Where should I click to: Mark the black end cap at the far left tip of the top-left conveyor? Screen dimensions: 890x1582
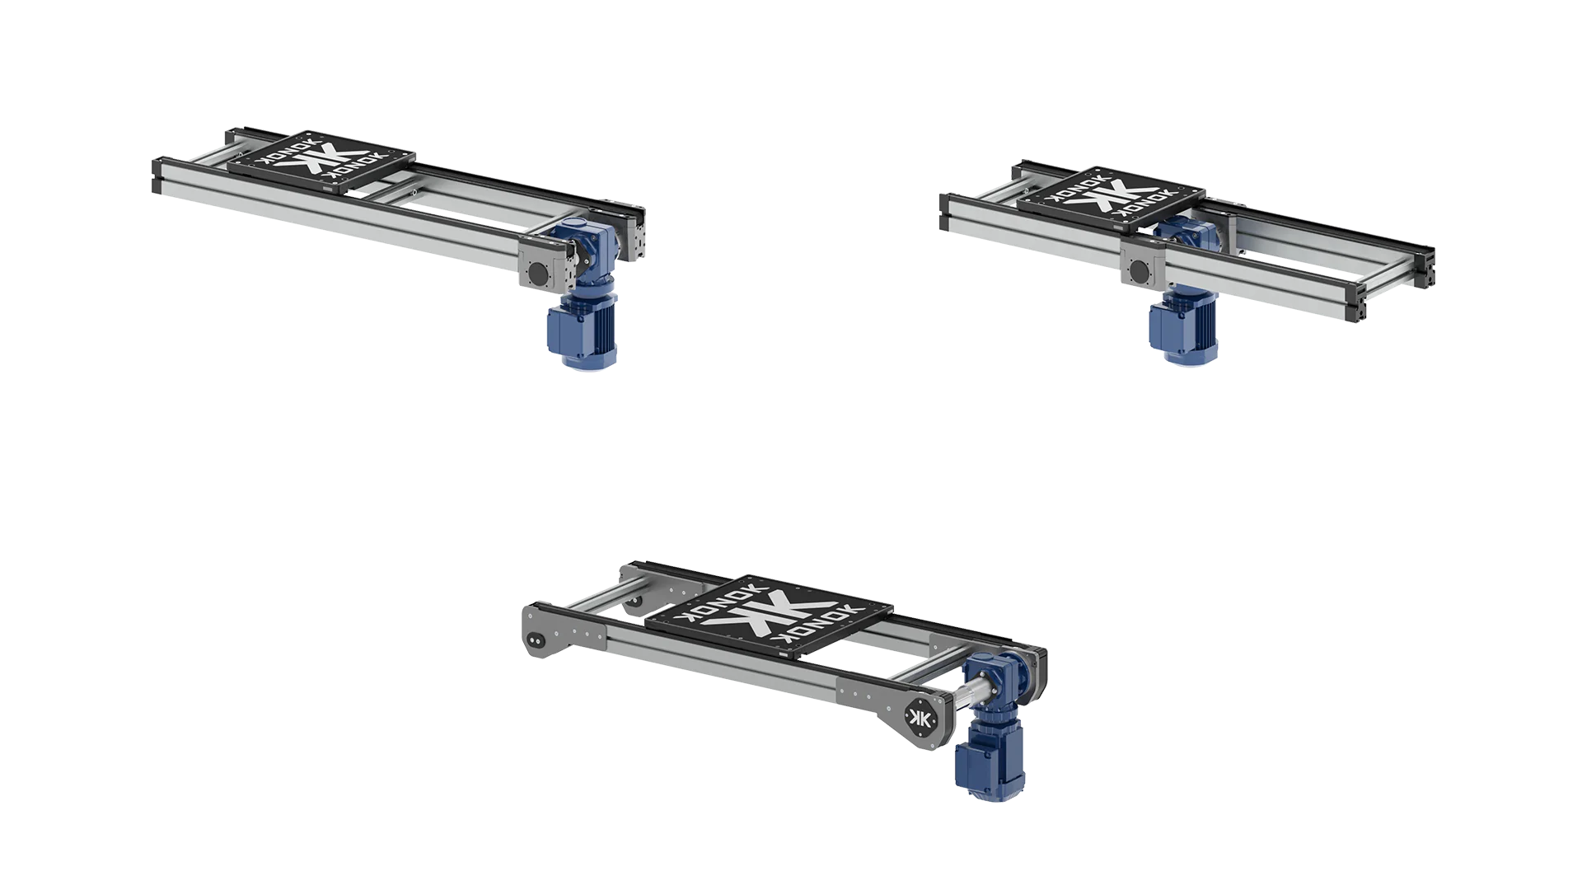pyautogui.click(x=156, y=176)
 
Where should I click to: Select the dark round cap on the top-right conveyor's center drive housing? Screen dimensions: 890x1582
pyautogui.click(x=1140, y=269)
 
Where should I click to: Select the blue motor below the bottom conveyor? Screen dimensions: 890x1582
pyautogui.click(x=985, y=762)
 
